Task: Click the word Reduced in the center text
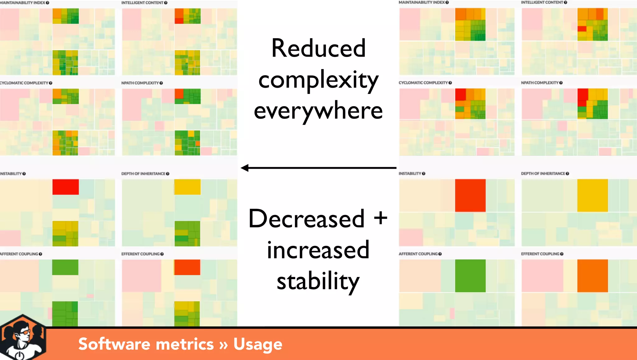(x=318, y=49)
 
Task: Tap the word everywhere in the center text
(x=318, y=111)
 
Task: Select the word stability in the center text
(x=318, y=281)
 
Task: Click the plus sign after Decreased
(x=380, y=218)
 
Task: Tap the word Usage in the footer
(x=258, y=344)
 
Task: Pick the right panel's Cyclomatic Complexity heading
(x=423, y=83)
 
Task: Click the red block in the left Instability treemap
(x=65, y=187)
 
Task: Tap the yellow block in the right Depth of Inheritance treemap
(x=592, y=195)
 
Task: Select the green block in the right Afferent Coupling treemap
(x=470, y=276)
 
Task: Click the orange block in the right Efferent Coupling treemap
(x=592, y=276)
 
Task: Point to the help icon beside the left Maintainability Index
(x=48, y=3)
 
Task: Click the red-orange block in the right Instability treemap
(x=470, y=195)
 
